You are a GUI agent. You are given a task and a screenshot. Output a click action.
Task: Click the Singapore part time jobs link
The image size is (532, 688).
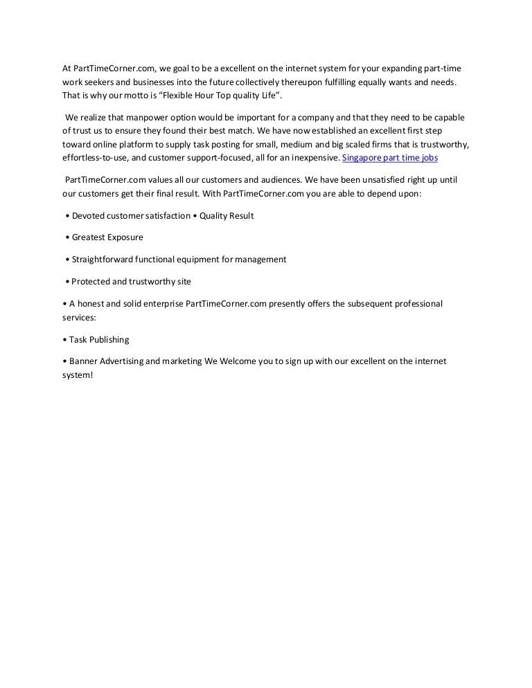point(390,158)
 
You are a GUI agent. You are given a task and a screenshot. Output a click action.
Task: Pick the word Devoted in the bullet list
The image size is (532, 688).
point(90,216)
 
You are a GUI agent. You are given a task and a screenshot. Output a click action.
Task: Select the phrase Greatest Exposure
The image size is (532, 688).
point(107,237)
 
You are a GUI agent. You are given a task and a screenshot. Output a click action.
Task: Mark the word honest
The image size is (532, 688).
point(92,304)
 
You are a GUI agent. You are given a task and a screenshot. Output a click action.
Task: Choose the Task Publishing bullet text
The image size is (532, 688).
point(99,340)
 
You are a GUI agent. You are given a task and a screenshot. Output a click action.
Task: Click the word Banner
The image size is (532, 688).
point(84,361)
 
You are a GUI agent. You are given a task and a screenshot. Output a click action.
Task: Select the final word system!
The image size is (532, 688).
point(77,374)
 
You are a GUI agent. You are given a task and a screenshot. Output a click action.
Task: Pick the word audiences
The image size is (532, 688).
point(276,180)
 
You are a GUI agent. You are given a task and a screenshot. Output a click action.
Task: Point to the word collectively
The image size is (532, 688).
point(252,82)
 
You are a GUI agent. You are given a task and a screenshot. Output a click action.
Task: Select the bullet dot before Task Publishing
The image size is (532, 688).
point(64,340)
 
